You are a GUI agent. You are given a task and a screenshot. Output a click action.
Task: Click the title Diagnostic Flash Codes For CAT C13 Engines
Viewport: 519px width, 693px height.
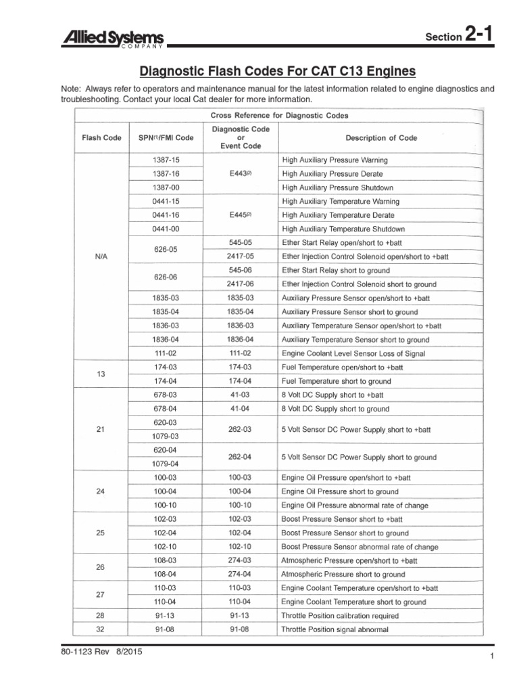[277, 71]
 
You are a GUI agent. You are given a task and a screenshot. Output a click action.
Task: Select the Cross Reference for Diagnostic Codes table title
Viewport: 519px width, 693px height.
[280, 116]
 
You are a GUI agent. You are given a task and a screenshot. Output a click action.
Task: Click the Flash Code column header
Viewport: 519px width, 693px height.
[101, 137]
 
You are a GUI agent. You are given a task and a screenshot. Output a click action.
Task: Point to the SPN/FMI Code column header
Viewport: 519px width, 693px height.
[166, 137]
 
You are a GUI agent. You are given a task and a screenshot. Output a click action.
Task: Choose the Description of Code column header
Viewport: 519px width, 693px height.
[381, 137]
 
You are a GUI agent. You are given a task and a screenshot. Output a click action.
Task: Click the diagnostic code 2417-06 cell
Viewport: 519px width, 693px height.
[240, 284]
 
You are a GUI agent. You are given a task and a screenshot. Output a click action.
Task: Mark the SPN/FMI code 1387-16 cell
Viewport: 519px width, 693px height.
[166, 174]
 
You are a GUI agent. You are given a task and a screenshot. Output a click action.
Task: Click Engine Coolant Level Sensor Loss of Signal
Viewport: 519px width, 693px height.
[353, 353]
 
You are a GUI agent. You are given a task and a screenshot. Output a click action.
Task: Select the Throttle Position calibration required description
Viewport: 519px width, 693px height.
[339, 616]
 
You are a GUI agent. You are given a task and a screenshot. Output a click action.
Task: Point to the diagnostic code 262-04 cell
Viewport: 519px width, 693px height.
[240, 457]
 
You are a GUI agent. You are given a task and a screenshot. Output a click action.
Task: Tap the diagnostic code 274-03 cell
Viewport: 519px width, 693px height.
[240, 560]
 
